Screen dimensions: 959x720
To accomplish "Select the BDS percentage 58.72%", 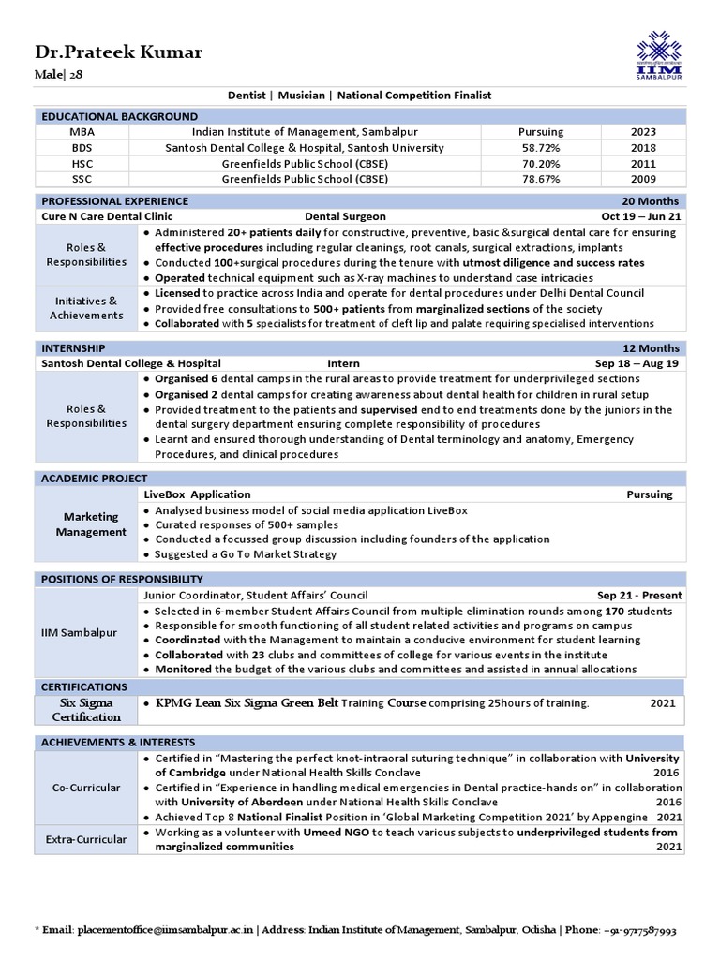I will pos(540,148).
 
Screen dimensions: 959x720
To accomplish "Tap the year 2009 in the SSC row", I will pos(643,179).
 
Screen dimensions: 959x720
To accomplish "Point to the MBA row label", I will pos(82,132).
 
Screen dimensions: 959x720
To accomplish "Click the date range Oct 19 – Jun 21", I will pos(641,216).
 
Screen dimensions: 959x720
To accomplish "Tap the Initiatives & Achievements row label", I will pos(86,308).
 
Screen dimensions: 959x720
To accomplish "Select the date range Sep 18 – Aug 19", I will pos(638,363).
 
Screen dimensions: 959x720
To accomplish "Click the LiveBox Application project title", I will pos(197,494).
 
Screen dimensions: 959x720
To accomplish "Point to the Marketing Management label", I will pos(91,524).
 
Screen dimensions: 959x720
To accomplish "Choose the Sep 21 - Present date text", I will pos(639,595).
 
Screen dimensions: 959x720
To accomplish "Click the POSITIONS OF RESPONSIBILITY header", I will pos(122,579).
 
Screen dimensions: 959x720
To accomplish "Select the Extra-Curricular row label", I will pos(86,839).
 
